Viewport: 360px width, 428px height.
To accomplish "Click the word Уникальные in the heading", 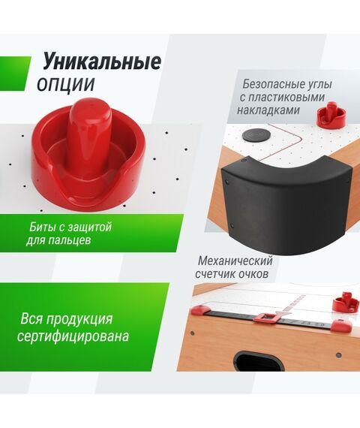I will click(x=101, y=61).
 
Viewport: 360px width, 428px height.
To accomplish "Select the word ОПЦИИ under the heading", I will click(x=66, y=83).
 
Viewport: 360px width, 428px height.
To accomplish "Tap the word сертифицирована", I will click(x=73, y=336).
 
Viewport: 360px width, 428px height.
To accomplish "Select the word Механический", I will click(x=235, y=261).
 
